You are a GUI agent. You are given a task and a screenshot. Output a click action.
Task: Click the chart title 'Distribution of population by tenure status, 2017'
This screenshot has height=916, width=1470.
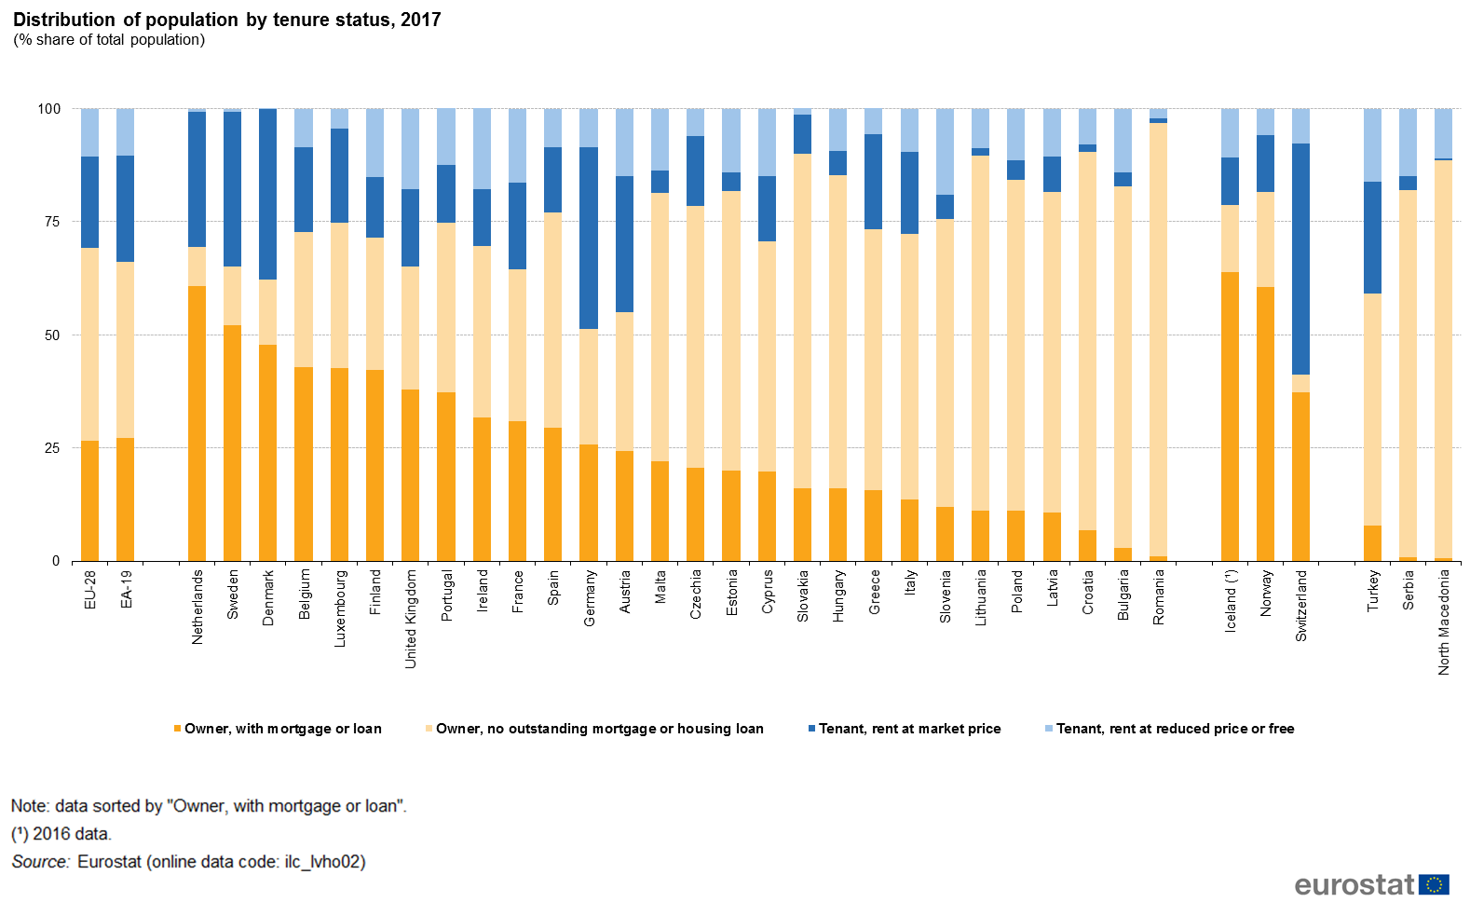(226, 20)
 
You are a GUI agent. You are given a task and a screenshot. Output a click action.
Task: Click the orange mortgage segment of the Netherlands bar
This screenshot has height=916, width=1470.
(197, 424)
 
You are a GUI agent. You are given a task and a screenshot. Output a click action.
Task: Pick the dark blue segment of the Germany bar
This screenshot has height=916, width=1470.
(589, 238)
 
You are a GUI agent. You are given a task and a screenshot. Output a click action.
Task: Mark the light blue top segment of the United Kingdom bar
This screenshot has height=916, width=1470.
(411, 149)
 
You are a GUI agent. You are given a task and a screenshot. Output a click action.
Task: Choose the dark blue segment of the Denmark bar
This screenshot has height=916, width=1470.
(268, 194)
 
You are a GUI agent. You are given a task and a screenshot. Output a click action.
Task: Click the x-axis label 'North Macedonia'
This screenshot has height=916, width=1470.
(1444, 622)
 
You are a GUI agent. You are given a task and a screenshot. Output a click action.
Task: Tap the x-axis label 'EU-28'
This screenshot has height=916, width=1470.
(90, 590)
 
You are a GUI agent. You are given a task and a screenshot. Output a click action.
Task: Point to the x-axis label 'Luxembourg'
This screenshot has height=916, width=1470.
(340, 608)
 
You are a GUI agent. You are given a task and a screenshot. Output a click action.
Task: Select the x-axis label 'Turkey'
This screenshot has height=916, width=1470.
(1373, 591)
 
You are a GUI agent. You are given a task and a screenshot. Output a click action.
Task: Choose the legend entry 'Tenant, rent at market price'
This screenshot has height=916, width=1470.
(909, 729)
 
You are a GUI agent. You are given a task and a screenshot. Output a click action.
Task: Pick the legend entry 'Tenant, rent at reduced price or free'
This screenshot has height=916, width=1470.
(1175, 729)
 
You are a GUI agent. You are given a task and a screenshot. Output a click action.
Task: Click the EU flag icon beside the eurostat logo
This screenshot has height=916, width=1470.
(1434, 884)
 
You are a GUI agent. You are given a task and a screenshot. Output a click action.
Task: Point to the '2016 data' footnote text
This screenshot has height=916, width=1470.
(71, 834)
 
